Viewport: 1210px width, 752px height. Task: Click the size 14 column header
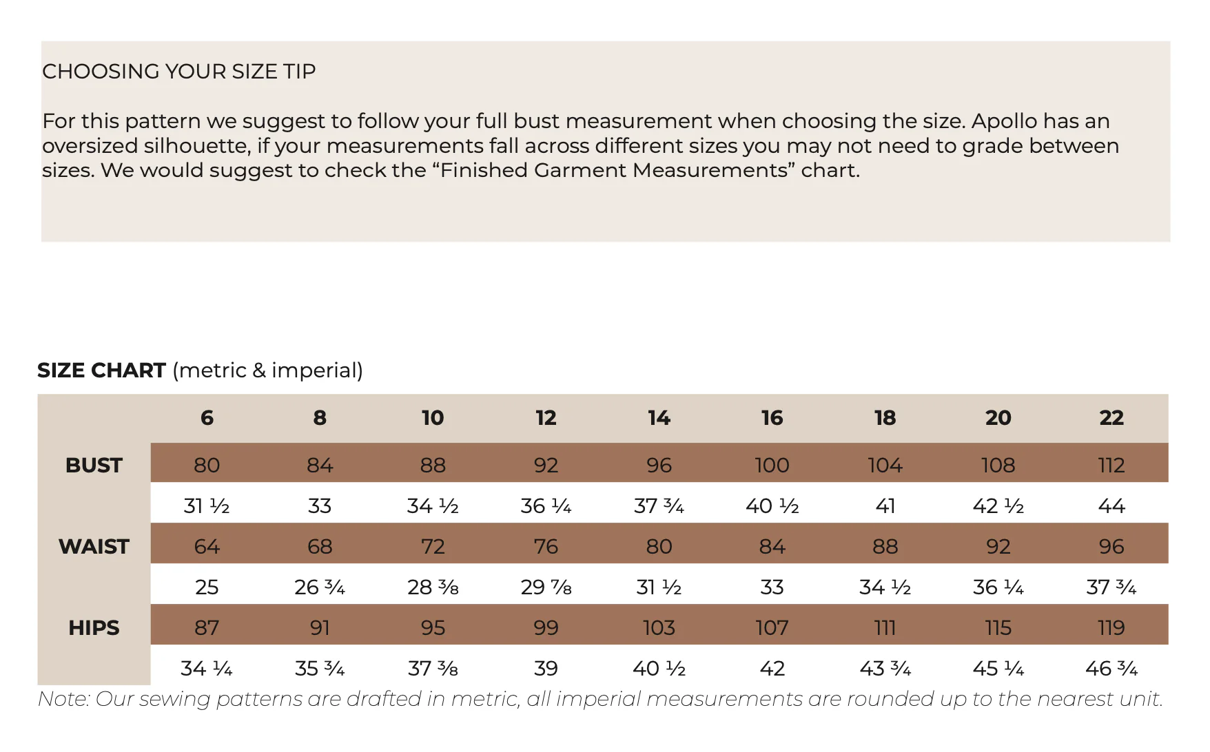tap(659, 417)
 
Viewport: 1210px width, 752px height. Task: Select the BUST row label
tap(94, 466)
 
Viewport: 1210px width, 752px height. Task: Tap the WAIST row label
tap(94, 547)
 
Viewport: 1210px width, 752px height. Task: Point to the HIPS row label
tap(94, 628)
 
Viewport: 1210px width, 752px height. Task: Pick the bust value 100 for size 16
tap(772, 466)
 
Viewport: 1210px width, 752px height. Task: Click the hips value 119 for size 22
tap(1111, 628)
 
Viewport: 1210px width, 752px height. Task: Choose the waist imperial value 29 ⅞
tap(546, 587)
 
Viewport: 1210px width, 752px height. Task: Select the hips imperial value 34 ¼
tap(207, 669)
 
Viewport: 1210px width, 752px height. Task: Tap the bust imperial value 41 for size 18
tap(885, 506)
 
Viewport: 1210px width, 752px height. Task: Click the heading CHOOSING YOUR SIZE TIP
tap(179, 72)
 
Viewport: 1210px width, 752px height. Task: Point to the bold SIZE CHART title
tap(101, 370)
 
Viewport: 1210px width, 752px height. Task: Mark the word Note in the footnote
tap(63, 699)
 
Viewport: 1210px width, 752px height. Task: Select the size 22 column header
tap(1111, 417)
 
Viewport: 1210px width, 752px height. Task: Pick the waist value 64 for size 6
tap(207, 547)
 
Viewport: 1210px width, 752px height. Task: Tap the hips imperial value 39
tap(546, 669)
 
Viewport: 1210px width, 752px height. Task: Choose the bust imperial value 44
tap(1111, 506)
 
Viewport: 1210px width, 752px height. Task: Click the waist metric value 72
tap(433, 547)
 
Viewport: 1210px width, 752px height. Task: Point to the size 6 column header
tap(207, 417)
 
